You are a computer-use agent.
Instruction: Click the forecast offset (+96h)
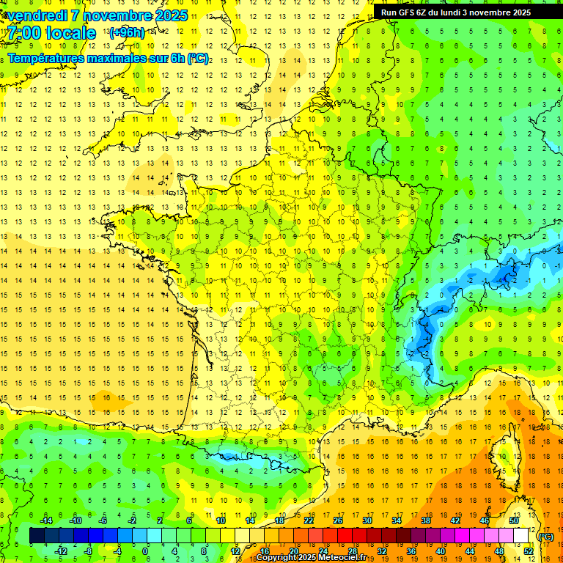[x=126, y=33]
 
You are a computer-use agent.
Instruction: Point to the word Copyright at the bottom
[x=276, y=558]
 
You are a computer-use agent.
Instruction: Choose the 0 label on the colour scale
[x=145, y=551]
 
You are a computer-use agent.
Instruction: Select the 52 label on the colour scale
[x=529, y=551]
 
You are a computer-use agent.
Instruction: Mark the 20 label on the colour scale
[x=293, y=551]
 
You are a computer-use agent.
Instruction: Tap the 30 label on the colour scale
[x=367, y=520]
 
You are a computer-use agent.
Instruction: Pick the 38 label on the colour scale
[x=425, y=520]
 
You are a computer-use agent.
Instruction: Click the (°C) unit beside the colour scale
[x=546, y=536]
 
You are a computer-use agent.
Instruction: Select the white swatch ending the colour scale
[x=521, y=536]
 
